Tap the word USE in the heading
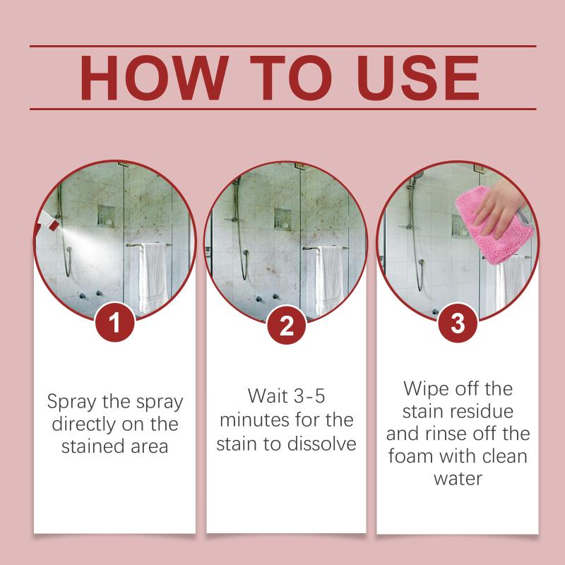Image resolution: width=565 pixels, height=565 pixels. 409,77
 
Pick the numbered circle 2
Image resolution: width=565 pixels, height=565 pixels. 286,324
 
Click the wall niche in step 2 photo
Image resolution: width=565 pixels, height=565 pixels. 283,215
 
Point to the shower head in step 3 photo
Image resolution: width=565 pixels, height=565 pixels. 419,173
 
